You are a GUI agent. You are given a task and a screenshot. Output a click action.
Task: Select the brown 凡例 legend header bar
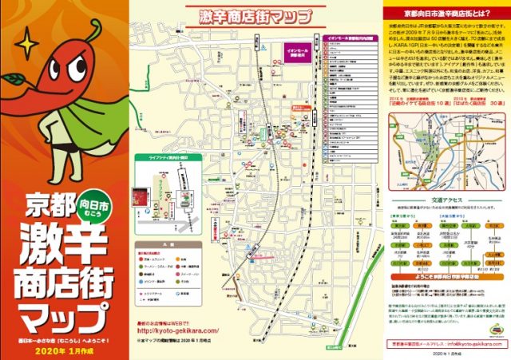167,246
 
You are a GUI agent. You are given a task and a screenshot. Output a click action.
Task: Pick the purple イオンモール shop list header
347,38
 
